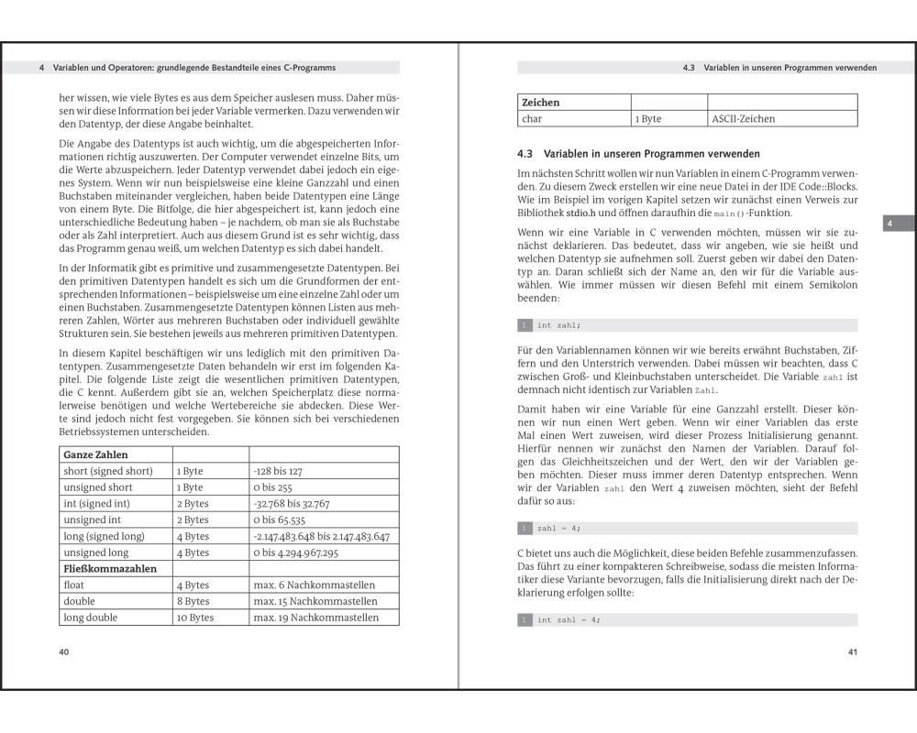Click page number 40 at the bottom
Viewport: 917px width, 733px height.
click(63, 652)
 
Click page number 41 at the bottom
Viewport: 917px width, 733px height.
click(852, 652)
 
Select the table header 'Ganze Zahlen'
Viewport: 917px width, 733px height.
click(95, 454)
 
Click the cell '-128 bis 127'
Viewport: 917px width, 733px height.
click(278, 471)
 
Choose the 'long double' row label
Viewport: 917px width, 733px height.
click(90, 618)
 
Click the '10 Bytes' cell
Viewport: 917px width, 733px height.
click(194, 618)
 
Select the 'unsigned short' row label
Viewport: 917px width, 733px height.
click(98, 487)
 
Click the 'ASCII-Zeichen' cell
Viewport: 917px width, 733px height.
click(744, 119)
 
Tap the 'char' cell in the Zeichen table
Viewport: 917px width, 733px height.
click(532, 119)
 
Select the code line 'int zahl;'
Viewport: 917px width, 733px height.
click(558, 325)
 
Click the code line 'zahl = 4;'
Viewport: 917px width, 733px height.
click(558, 529)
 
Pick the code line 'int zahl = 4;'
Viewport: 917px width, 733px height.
click(568, 620)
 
